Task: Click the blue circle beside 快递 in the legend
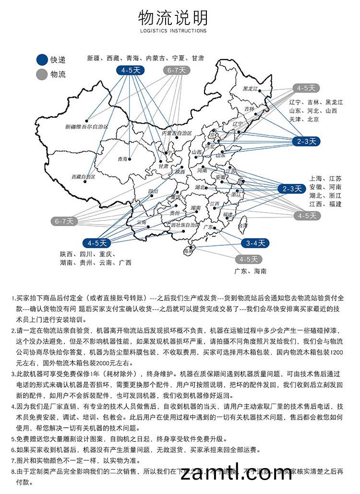[x=42, y=60]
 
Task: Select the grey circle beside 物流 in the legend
[x=42, y=74]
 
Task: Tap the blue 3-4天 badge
[x=255, y=243]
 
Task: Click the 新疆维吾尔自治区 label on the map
[x=86, y=127]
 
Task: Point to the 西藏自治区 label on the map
[x=83, y=177]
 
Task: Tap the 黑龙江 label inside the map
[x=250, y=89]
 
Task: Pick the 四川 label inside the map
[x=153, y=191]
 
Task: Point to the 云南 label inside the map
[x=141, y=222]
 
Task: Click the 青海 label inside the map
[x=122, y=158]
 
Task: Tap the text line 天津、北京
[x=304, y=119]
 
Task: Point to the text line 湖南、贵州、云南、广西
[x=96, y=263]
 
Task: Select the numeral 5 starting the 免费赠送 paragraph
[x=13, y=439]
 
